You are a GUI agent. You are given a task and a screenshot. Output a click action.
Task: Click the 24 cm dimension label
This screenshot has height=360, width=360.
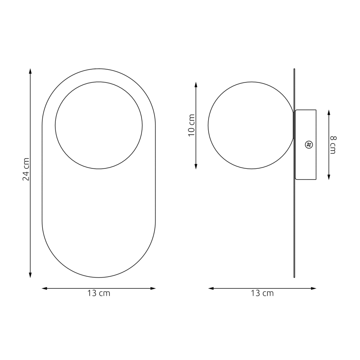pos(26,169)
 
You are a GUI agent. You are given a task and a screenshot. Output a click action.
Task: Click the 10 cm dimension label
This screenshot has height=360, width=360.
pos(191,125)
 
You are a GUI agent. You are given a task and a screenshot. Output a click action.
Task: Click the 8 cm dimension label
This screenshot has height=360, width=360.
pos(333,145)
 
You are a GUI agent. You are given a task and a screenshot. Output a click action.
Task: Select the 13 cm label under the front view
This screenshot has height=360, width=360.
pos(99,293)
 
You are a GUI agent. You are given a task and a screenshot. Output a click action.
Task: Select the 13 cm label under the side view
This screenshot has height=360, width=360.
pos(262,293)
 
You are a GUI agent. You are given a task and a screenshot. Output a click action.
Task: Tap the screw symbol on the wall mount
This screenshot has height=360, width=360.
pos(309,144)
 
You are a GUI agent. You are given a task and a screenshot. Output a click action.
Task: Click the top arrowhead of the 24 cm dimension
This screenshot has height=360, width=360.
pos(30,71)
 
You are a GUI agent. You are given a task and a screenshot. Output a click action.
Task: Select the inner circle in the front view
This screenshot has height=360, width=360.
pos(99,125)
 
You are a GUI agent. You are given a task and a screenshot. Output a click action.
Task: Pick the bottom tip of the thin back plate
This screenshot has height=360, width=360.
pos(294,276)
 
